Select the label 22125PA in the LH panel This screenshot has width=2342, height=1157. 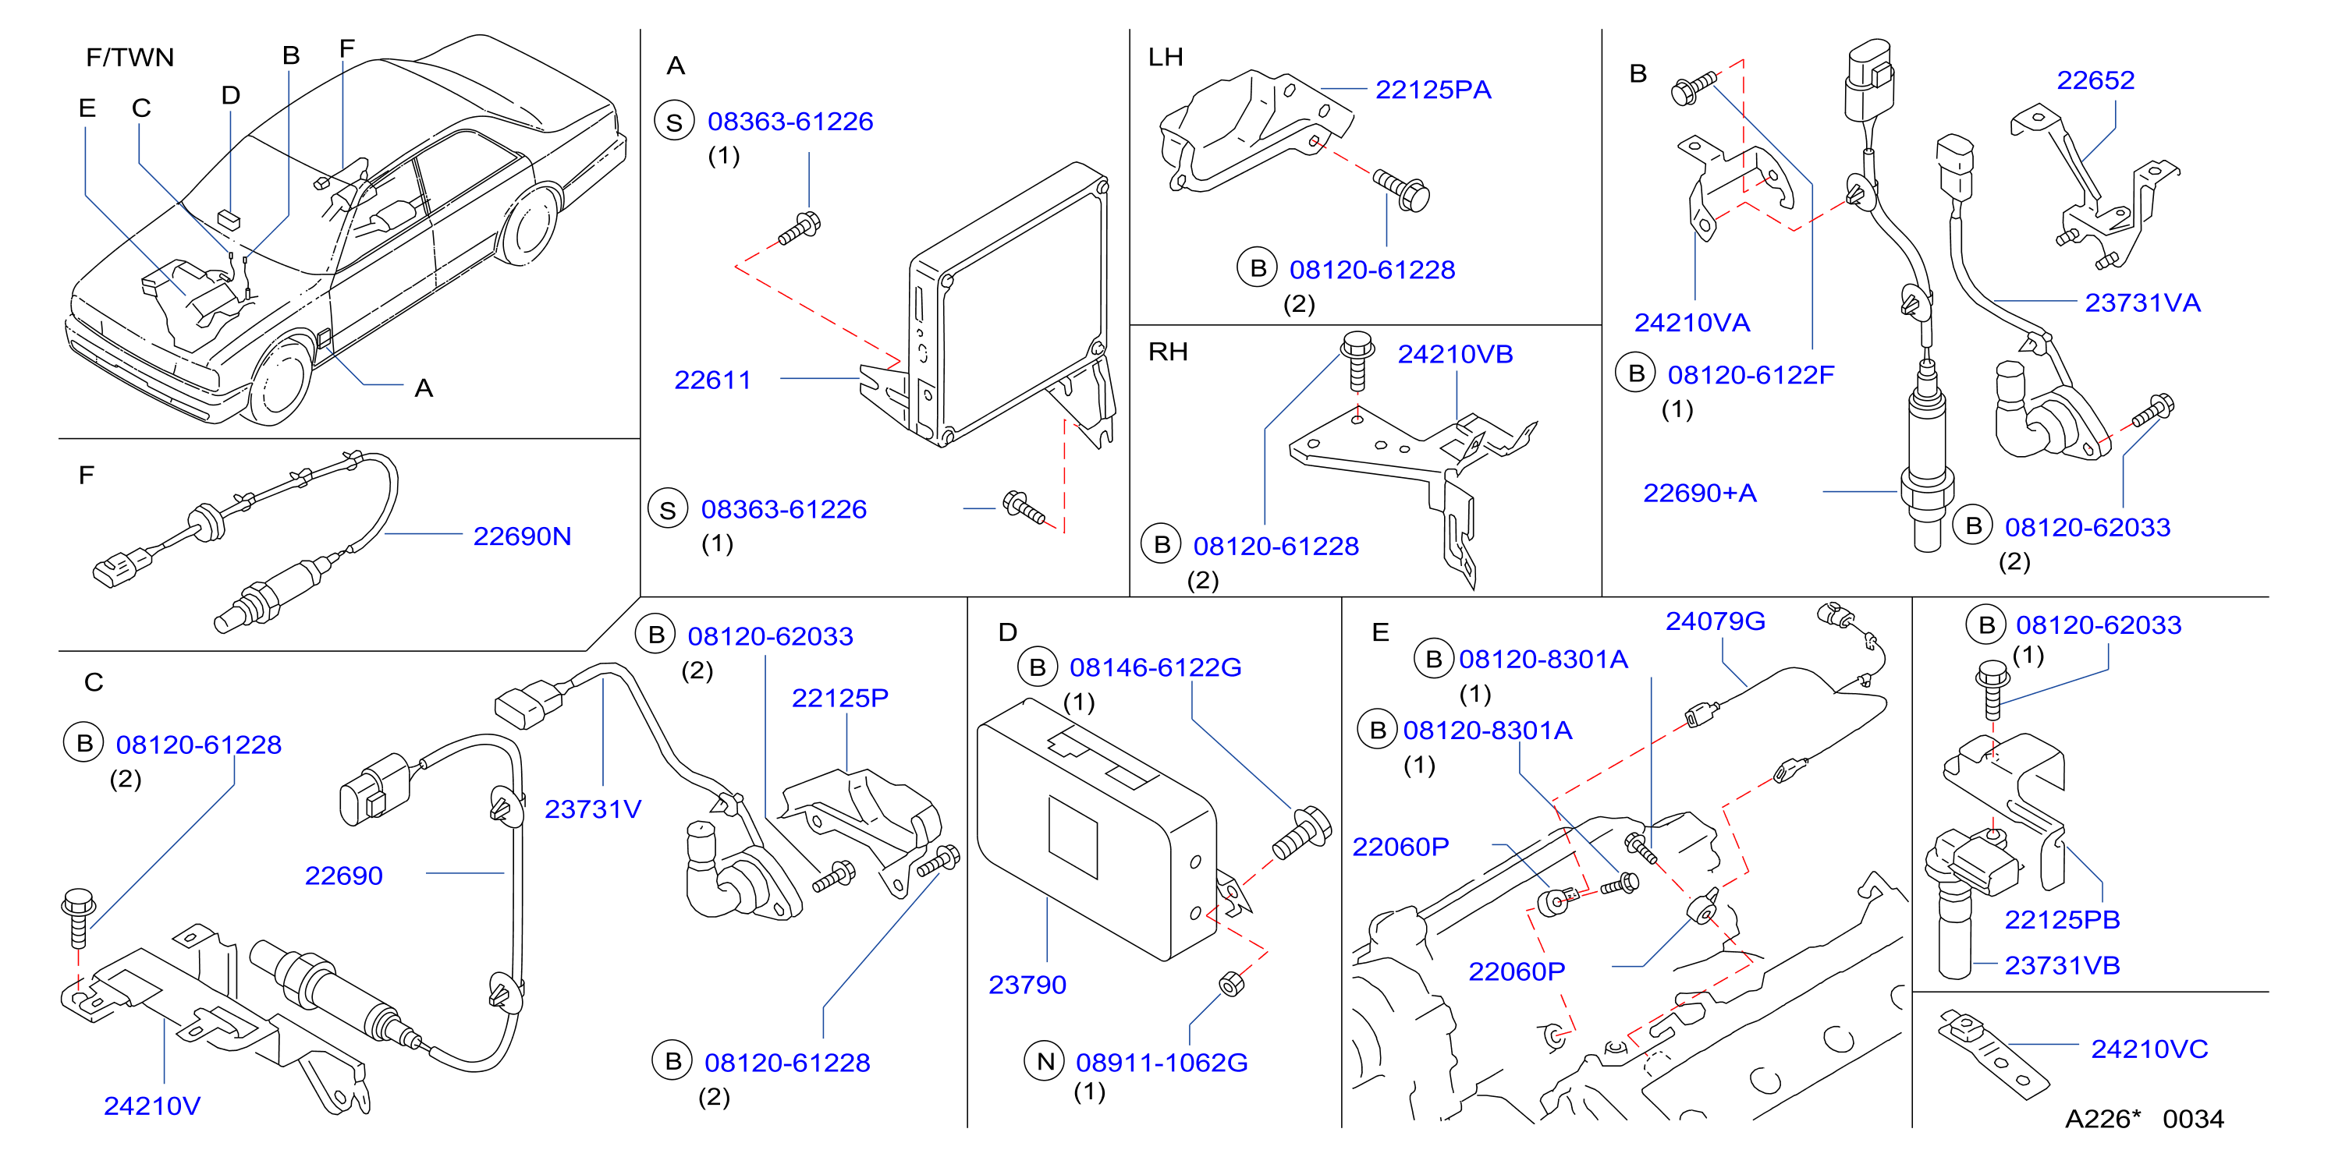[x=1433, y=90]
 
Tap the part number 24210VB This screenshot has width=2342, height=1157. [x=1455, y=355]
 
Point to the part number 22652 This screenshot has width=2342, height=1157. [x=2095, y=80]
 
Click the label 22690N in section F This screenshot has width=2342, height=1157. [x=522, y=536]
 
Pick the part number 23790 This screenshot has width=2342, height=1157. [x=1027, y=985]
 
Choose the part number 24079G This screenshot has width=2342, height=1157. [x=1715, y=621]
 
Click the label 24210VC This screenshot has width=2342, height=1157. [x=2149, y=1049]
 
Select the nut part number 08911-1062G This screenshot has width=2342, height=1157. [x=1161, y=1063]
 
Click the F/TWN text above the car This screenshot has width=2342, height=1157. [x=130, y=57]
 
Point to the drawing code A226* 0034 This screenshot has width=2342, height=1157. [x=2145, y=1119]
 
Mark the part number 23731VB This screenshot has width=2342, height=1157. [x=2062, y=965]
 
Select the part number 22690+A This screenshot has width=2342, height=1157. [x=1699, y=493]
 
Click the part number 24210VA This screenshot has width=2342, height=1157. [x=1692, y=323]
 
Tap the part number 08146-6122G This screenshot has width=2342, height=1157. [x=1155, y=667]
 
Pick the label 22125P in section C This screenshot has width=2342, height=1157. [x=839, y=698]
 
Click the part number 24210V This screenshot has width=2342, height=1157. [x=152, y=1106]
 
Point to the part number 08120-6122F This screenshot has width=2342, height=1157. [x=1750, y=374]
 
